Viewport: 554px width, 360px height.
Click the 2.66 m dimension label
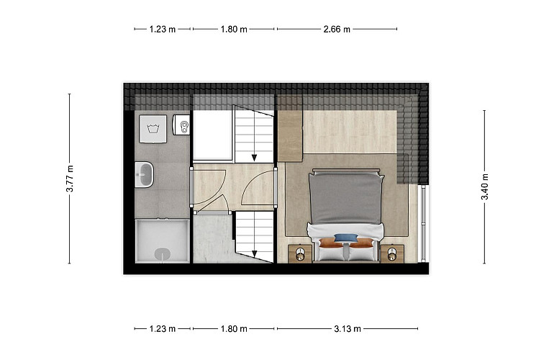[337, 30]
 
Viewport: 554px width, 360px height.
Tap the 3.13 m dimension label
[348, 329]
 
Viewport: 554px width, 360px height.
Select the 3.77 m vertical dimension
[70, 179]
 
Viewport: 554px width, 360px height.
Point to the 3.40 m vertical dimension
[484, 186]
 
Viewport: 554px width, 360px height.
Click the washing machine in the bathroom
[153, 129]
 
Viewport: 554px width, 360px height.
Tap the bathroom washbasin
[144, 174]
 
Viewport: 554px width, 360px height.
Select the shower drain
[163, 253]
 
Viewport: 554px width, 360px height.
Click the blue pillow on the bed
[346, 238]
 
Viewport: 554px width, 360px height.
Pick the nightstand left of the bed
[300, 253]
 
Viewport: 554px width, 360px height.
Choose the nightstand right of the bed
[392, 253]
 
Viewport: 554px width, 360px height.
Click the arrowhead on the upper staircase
[254, 158]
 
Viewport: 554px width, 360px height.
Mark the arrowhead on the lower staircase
[254, 253]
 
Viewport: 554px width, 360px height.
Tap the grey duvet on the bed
[346, 199]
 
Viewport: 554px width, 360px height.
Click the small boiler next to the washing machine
[181, 125]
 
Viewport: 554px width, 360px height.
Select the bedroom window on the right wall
[423, 223]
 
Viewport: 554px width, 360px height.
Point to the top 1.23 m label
[163, 30]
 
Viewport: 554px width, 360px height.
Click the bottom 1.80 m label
[234, 329]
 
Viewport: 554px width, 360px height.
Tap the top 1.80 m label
[234, 30]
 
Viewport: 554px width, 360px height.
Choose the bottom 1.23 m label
[163, 329]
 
